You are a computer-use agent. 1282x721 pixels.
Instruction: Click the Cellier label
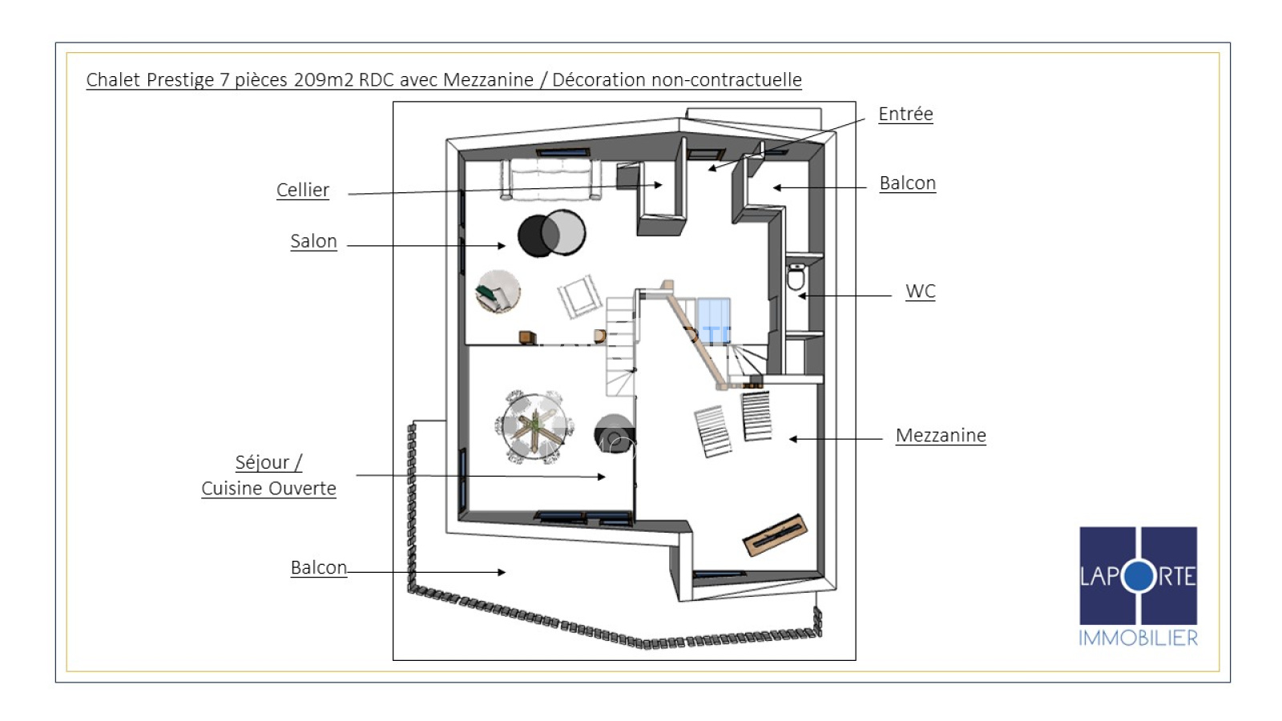coord(303,190)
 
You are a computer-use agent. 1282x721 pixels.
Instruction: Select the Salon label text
coord(313,241)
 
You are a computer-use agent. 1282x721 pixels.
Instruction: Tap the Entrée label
coord(906,114)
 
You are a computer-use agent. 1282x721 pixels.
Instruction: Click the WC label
coord(921,292)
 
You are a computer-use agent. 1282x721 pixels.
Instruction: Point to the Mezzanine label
coord(941,436)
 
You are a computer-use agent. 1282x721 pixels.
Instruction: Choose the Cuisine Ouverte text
coord(268,488)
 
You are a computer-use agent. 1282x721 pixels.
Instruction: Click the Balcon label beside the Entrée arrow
coord(908,183)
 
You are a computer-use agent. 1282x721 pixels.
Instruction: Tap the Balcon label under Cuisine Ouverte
coord(319,568)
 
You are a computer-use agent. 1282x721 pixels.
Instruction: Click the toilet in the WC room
coord(796,277)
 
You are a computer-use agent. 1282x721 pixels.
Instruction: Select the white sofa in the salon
coord(550,179)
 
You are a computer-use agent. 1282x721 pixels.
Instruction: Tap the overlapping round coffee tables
coord(552,233)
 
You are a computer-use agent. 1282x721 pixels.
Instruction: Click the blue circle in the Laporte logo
coord(1139,576)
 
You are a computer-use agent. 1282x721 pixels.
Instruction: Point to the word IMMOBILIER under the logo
coord(1139,638)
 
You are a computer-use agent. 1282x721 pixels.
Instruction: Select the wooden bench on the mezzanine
coord(775,535)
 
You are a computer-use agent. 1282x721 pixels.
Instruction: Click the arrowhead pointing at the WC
coord(802,296)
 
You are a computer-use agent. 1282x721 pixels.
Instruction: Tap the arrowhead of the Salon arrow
coord(502,246)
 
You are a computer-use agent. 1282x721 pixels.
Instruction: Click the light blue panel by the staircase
coord(713,321)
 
